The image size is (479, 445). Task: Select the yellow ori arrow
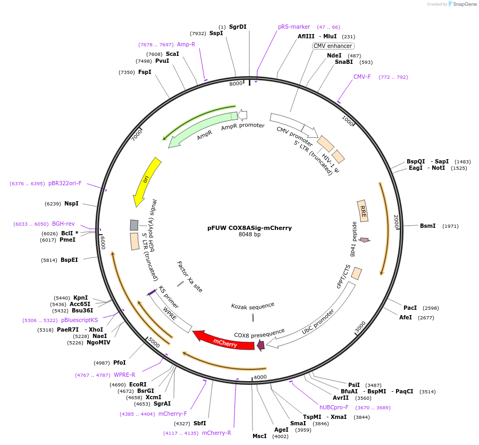pyautogui.click(x=145, y=181)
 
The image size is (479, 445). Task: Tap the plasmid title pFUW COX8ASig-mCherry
pyautogui.click(x=249, y=228)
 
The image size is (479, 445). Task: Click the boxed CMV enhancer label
pyautogui.click(x=333, y=46)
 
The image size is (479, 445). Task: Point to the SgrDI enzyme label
pyautogui.click(x=238, y=27)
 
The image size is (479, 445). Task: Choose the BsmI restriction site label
pyautogui.click(x=427, y=226)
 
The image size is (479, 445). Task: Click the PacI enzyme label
pyautogui.click(x=410, y=308)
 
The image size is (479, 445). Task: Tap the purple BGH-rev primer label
pyautogui.click(x=63, y=224)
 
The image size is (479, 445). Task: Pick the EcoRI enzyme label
pyautogui.click(x=138, y=384)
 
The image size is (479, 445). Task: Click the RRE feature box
pyautogui.click(x=364, y=210)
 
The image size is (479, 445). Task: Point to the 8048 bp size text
pyautogui.click(x=249, y=235)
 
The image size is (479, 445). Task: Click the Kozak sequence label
pyautogui.click(x=253, y=306)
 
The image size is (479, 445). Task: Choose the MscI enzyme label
pyautogui.click(x=259, y=436)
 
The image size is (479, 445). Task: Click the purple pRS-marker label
pyautogui.click(x=294, y=27)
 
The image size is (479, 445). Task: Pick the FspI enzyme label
pyautogui.click(x=145, y=72)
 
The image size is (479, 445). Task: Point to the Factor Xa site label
pyautogui.click(x=190, y=276)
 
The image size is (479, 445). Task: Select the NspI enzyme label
pyautogui.click(x=71, y=203)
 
